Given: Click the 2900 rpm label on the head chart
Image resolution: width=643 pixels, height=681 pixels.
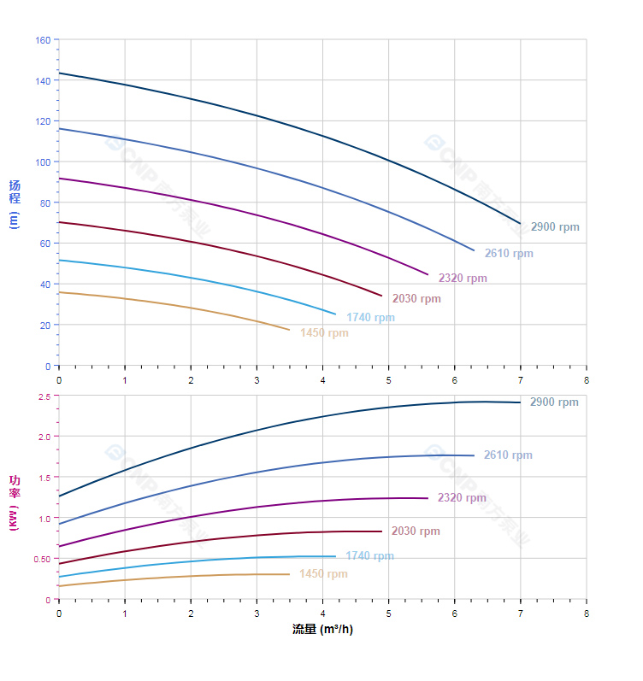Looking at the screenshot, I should [x=555, y=227].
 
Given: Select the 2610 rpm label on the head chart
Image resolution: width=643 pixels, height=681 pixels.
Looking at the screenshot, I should [x=509, y=254].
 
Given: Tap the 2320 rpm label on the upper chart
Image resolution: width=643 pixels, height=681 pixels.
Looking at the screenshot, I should [x=463, y=279].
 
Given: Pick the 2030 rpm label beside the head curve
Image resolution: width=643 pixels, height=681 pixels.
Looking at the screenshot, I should [x=416, y=299].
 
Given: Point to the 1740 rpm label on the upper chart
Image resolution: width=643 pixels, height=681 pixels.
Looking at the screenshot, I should [x=370, y=318].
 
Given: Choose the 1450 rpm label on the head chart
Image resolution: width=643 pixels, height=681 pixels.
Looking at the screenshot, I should [x=324, y=333].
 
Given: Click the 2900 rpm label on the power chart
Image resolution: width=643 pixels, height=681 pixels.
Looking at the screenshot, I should [x=554, y=402].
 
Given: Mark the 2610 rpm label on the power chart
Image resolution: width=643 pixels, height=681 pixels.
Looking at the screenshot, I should [x=508, y=455].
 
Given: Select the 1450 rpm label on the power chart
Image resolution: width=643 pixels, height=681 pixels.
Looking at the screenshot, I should [x=323, y=574].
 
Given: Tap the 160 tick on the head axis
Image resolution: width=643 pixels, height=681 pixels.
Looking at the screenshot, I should [x=42, y=40].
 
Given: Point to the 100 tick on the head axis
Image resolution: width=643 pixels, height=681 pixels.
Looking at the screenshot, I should [x=42, y=162].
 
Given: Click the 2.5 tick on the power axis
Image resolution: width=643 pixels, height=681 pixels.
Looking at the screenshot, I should [x=44, y=396].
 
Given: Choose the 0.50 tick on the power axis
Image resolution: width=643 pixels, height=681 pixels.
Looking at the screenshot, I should [x=42, y=560].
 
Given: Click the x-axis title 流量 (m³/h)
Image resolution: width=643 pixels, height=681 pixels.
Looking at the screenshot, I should [x=322, y=630].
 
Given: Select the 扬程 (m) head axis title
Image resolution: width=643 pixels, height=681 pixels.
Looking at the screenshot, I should [x=15, y=203].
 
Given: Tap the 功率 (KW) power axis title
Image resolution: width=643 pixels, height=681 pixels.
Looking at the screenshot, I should [x=15, y=502].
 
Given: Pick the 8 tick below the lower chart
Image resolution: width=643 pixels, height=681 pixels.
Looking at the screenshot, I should [x=587, y=613].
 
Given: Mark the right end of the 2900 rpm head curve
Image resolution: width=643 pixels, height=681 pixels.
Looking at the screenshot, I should [x=520, y=224].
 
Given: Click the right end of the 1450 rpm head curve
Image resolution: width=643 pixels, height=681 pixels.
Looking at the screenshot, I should [x=289, y=330].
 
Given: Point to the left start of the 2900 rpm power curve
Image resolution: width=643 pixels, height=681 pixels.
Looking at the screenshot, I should [x=59, y=496].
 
